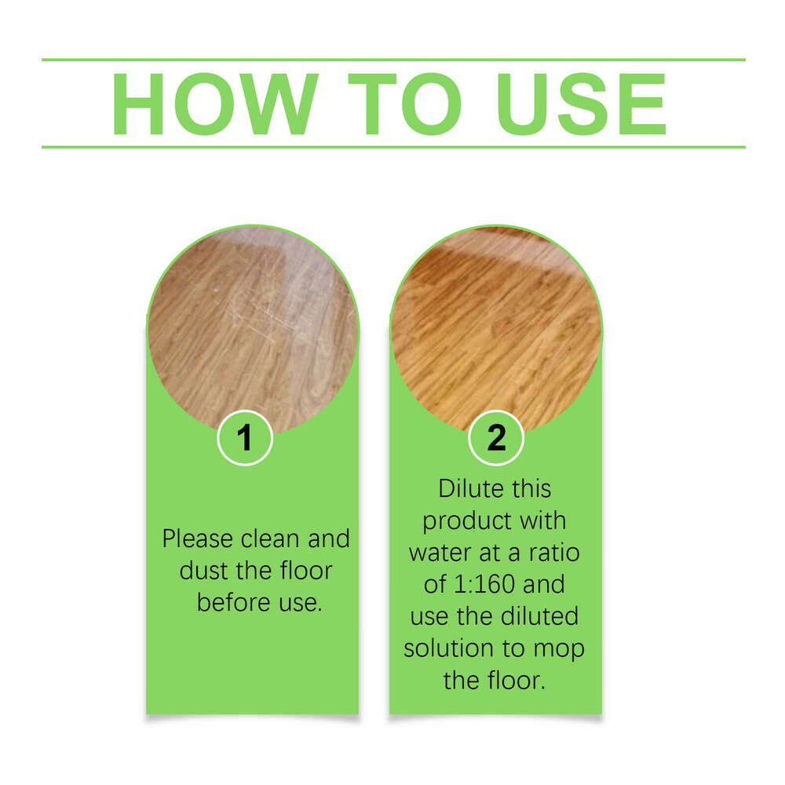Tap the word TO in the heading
point(406,104)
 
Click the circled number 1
point(245,438)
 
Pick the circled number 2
point(496,438)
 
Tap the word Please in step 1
point(198,539)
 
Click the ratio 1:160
point(489,585)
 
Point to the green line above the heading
point(392,60)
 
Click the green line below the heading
point(392,147)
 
